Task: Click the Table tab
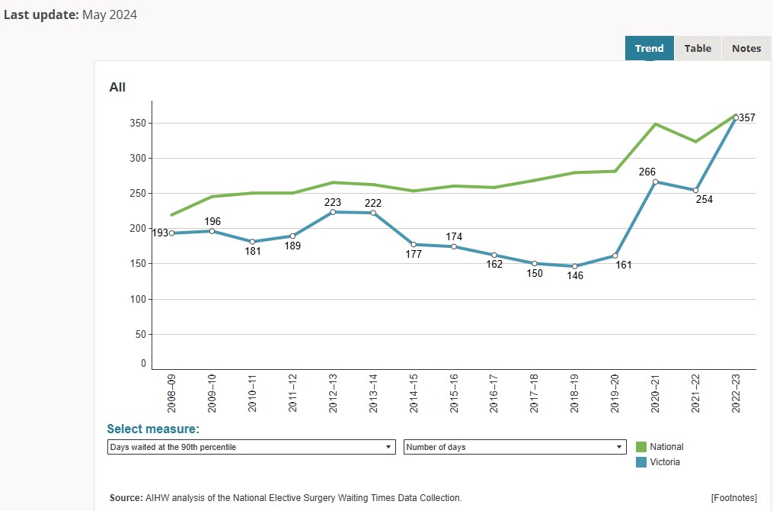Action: click(698, 48)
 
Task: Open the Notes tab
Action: click(746, 48)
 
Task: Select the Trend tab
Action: click(649, 48)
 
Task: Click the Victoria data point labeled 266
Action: click(655, 182)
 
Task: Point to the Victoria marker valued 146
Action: click(575, 266)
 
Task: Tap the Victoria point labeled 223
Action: click(333, 212)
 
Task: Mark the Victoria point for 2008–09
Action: click(171, 233)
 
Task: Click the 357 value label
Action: click(747, 117)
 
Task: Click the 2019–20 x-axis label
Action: click(615, 393)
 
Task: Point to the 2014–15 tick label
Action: click(414, 393)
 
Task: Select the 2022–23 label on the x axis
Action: click(736, 393)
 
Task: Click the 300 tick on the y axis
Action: click(137, 158)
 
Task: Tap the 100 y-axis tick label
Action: click(137, 299)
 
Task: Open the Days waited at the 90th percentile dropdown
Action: click(251, 447)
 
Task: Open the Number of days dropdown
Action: click(515, 447)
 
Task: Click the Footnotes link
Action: click(733, 498)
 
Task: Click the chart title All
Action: click(117, 87)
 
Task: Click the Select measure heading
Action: click(153, 429)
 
